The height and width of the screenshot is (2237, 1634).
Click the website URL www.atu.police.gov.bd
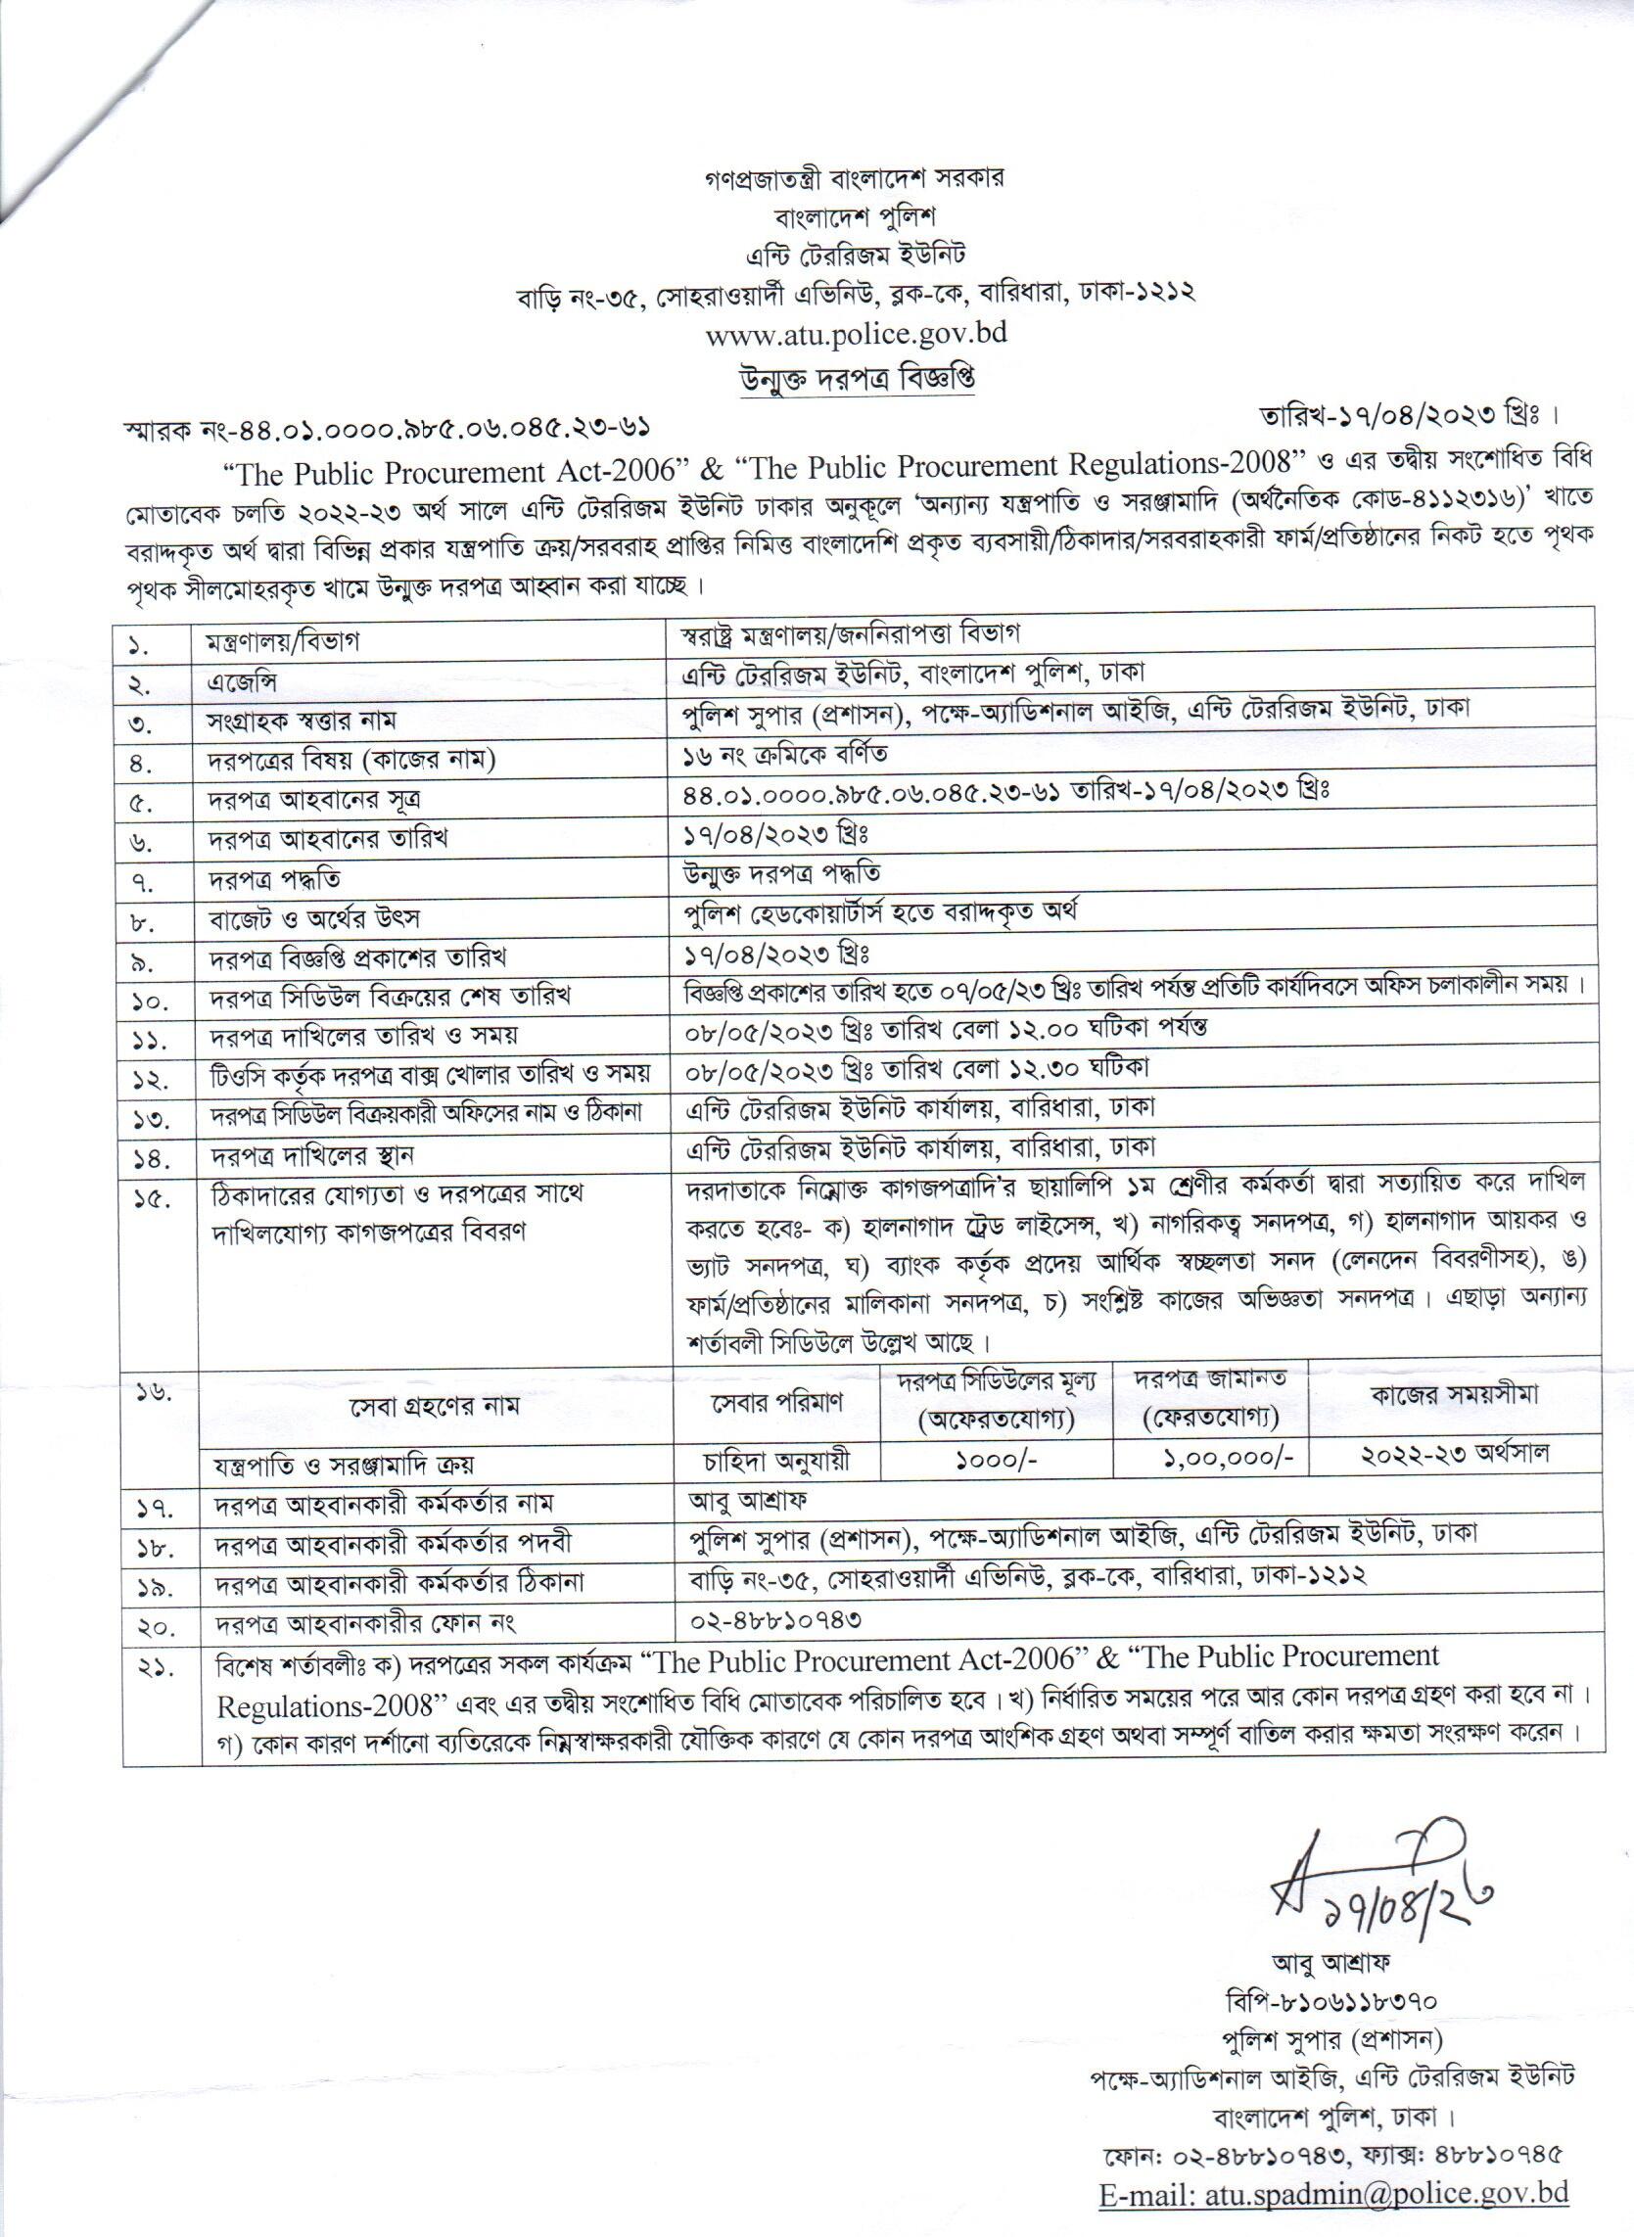point(856,332)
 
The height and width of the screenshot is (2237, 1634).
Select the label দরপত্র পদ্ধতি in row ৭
point(274,879)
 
